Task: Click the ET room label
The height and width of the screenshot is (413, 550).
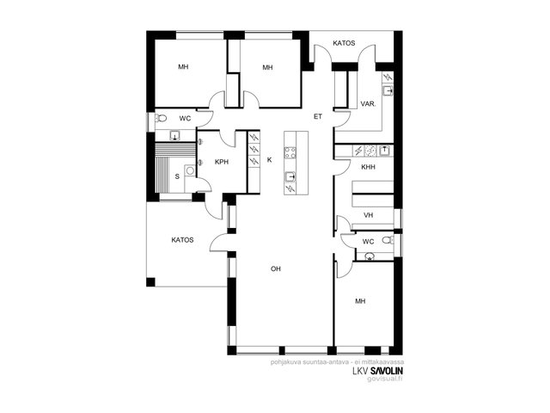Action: coord(318,117)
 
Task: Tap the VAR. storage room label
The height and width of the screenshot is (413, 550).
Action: coord(369,104)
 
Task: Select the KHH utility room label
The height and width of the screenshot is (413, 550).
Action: coord(368,167)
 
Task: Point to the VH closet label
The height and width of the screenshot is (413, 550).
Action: coord(369,215)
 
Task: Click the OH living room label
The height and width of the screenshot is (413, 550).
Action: coord(276,269)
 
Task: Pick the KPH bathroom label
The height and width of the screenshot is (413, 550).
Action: coord(222,162)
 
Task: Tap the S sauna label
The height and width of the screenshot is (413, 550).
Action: coord(177,176)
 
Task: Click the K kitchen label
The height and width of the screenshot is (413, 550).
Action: coord(269,160)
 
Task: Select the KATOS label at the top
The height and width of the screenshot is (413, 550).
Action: coord(344,43)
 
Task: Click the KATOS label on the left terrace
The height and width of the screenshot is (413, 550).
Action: coord(182,240)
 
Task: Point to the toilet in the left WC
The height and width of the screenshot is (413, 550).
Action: coord(161,118)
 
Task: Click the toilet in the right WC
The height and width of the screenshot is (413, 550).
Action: coord(388,240)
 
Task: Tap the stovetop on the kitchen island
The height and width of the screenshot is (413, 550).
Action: coord(290,153)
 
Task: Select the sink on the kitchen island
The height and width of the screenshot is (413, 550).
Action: coord(290,176)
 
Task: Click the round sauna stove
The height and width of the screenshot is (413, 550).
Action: coord(190,170)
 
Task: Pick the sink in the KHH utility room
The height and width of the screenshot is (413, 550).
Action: coord(385,151)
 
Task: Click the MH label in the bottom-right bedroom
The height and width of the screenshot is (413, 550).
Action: coord(360,301)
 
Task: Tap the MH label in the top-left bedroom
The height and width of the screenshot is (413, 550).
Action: coord(183,67)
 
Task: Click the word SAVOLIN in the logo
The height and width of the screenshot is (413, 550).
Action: coord(387,371)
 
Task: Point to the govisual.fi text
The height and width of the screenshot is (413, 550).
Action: coord(385,379)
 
